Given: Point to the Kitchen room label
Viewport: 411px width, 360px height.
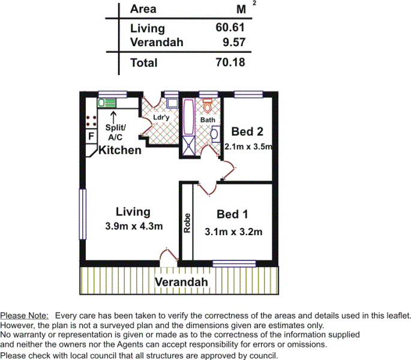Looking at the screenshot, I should pos(120,150).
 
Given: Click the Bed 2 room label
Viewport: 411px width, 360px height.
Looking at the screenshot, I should pos(248,131).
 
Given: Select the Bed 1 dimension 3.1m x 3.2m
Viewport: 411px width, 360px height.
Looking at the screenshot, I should pos(234,231).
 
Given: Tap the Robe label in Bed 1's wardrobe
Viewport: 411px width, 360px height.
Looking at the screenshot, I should pos(187,223).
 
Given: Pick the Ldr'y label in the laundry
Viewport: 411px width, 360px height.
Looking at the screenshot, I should pos(161,118).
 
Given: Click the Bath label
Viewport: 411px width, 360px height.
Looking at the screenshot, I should pos(208,120).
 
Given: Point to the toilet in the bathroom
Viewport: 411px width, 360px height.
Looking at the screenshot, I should pos(208,106).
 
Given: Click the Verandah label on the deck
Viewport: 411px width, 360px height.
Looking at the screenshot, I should pos(181,282).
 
